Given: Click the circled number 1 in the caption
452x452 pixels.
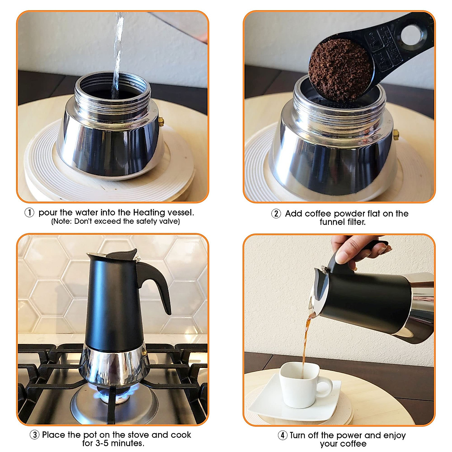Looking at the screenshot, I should [29, 213].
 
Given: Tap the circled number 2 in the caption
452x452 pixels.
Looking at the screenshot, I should [276, 214].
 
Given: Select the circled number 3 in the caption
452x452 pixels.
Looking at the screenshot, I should [35, 435].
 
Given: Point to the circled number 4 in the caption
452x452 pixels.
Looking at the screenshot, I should [282, 435].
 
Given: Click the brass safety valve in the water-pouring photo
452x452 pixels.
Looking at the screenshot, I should [161, 122].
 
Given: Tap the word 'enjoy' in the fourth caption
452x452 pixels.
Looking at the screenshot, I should [394, 435].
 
